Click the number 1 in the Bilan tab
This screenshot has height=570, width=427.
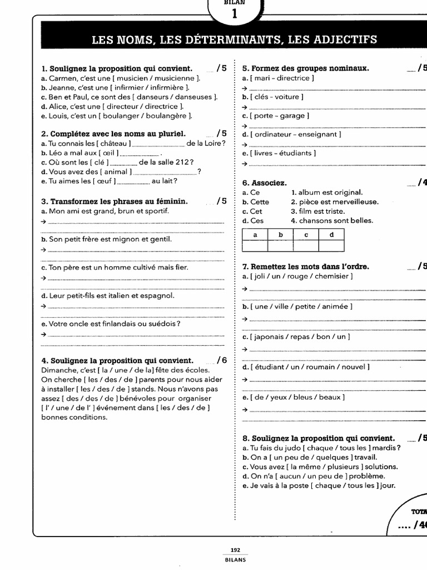(234, 14)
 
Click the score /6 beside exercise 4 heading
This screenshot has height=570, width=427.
(222, 360)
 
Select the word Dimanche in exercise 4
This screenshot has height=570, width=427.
(57, 370)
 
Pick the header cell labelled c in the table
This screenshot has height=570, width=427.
(306, 235)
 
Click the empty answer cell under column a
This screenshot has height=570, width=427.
(255, 245)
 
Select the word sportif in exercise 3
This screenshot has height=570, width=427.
(153, 211)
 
